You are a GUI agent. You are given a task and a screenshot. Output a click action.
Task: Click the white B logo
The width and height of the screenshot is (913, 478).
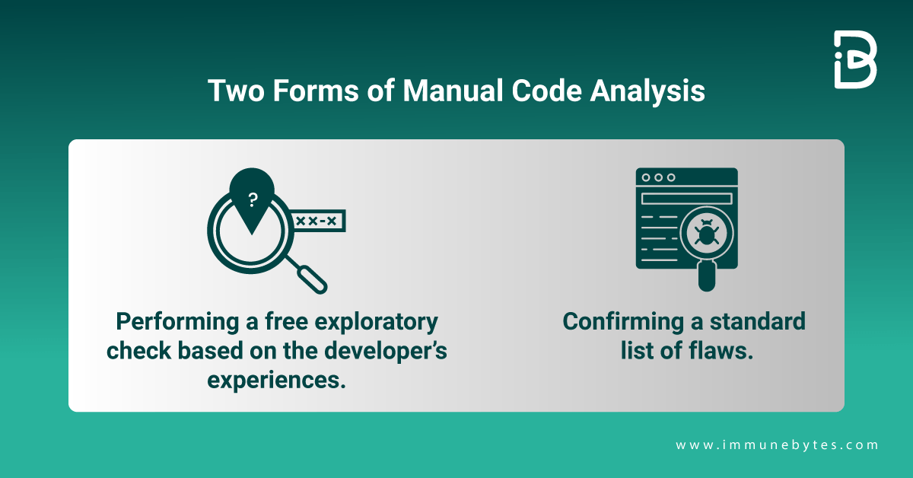pyautogui.click(x=855, y=59)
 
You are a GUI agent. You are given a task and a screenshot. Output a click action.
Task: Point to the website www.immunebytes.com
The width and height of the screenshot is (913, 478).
pyautogui.click(x=777, y=445)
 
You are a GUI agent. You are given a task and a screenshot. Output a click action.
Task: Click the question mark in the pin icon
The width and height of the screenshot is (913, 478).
pyautogui.click(x=253, y=199)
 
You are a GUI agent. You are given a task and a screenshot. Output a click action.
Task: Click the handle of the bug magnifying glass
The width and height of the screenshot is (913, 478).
pyautogui.click(x=707, y=276)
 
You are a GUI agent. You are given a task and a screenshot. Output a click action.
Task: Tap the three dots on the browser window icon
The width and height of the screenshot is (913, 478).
pyautogui.click(x=658, y=177)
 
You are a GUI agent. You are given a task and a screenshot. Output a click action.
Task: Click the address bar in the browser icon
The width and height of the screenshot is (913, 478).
pyautogui.click(x=686, y=199)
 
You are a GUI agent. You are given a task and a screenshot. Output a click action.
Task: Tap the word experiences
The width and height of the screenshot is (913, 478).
pyautogui.click(x=276, y=379)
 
